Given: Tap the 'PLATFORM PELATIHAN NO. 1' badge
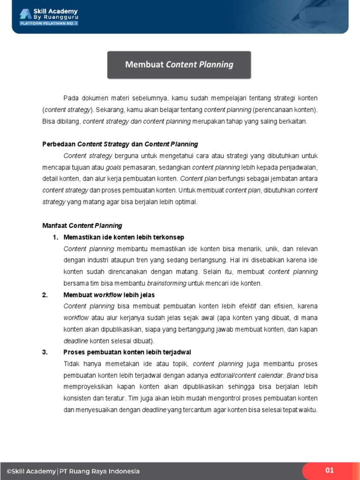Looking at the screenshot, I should click(48, 23).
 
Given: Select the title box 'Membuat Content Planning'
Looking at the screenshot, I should click(179, 65).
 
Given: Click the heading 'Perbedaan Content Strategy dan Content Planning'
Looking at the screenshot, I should click(120, 144).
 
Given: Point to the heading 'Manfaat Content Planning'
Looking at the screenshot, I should click(82, 225).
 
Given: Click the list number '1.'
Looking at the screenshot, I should click(55, 237).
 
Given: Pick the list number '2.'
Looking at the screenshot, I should click(45, 295).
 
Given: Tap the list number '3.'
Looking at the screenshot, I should click(45, 352).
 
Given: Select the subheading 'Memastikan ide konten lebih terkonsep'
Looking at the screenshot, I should click(124, 237).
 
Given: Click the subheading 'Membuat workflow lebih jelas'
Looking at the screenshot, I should click(109, 295).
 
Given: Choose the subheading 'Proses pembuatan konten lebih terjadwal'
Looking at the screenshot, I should click(127, 352).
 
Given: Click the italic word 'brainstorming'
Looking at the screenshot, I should click(166, 283).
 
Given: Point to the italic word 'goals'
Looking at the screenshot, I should click(113, 167).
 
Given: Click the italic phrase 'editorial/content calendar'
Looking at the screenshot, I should click(247, 375).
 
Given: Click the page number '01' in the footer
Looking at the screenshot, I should click(330, 470).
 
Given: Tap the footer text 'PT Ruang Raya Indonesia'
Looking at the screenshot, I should click(99, 471).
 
